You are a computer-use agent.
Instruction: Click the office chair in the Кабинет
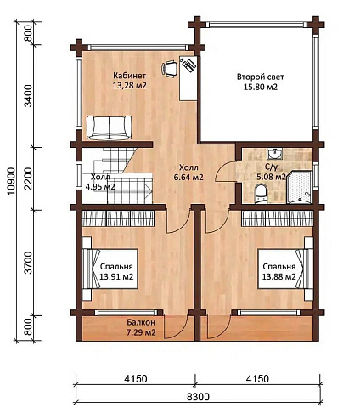tap(170, 69)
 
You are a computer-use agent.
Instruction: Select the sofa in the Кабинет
tap(110, 127)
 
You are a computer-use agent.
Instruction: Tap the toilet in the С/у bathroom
tap(261, 194)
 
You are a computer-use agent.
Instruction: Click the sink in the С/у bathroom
tap(274, 154)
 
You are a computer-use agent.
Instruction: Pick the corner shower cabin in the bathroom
tap(299, 187)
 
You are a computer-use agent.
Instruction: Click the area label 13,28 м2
tap(130, 85)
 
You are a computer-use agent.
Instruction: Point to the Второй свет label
tap(261, 76)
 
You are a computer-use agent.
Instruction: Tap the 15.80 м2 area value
tap(261, 87)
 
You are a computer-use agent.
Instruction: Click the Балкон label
tap(141, 322)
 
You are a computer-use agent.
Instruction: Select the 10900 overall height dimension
tap(11, 181)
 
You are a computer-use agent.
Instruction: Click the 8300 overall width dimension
tap(198, 397)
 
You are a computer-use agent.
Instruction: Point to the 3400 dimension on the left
tap(28, 96)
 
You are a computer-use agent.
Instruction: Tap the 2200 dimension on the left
tap(28, 178)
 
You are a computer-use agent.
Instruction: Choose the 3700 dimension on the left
tap(28, 263)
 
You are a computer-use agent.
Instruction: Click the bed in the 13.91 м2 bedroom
tap(110, 269)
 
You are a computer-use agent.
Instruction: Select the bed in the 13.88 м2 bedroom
tap(285, 269)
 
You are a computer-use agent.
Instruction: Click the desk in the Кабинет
tap(188, 78)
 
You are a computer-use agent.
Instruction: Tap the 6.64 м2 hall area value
tap(188, 178)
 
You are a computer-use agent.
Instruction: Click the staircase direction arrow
tap(148, 189)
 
